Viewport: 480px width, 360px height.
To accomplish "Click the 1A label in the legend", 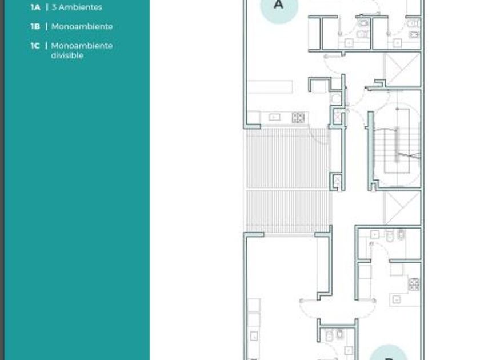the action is pyautogui.click(x=35, y=7).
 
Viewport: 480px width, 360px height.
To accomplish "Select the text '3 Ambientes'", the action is pyautogui.click(x=77, y=7).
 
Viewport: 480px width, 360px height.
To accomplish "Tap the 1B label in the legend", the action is pyautogui.click(x=35, y=27).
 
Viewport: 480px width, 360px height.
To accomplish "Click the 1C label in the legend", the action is pyautogui.click(x=35, y=46).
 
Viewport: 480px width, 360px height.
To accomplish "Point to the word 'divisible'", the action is pyautogui.click(x=67, y=55).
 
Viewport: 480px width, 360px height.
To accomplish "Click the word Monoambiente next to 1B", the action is pyautogui.click(x=82, y=27).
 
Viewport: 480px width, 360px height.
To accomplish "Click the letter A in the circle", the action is pyautogui.click(x=278, y=5).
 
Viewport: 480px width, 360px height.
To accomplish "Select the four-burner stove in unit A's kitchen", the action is pyautogui.click(x=298, y=118).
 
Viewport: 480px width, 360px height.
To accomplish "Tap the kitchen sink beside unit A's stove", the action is pyautogui.click(x=274, y=117).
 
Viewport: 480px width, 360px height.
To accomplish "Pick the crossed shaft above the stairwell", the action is pyautogui.click(x=402, y=70).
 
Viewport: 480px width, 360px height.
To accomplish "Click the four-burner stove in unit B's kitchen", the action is pyautogui.click(x=414, y=284).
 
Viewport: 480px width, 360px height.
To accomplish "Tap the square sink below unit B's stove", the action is pyautogui.click(x=397, y=299).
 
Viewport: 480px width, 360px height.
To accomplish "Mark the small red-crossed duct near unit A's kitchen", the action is pyautogui.click(x=337, y=118).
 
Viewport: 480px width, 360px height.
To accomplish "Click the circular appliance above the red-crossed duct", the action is pyautogui.click(x=337, y=98).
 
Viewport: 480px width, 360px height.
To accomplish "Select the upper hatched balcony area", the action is pyautogui.click(x=288, y=158).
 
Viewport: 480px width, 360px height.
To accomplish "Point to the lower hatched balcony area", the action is pyautogui.click(x=289, y=212).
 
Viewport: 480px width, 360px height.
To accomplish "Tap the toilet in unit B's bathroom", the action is pyautogui.click(x=390, y=236).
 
